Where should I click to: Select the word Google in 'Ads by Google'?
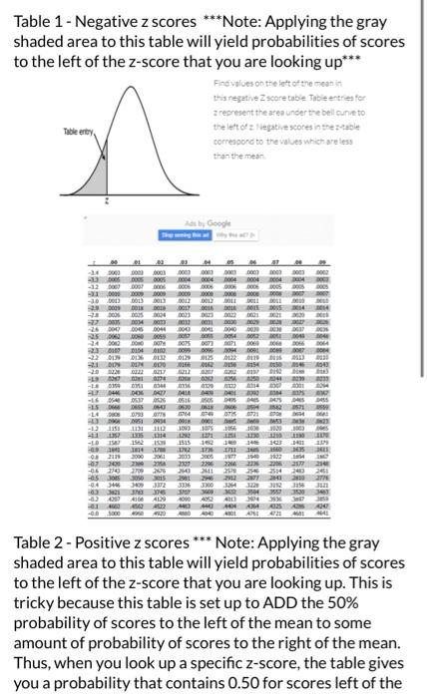tap(219, 223)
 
